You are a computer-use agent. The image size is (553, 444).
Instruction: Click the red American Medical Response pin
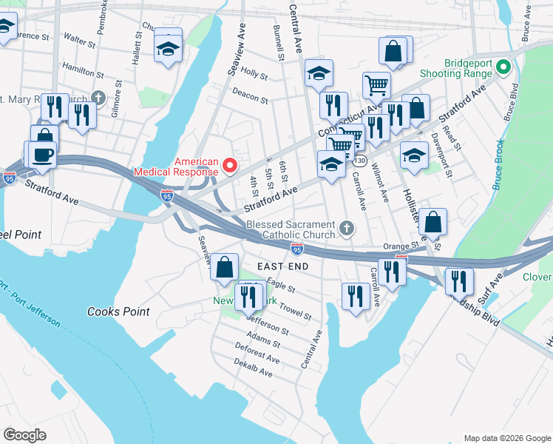[229, 166]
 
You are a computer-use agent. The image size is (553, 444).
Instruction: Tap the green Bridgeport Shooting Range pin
[503, 68]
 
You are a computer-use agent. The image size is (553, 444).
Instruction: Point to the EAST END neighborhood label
[281, 266]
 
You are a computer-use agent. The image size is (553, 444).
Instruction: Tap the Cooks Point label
[118, 312]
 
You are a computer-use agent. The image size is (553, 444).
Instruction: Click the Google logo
[24, 435]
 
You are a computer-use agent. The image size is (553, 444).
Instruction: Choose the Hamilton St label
[82, 73]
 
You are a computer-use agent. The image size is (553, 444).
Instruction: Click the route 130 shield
[360, 161]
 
